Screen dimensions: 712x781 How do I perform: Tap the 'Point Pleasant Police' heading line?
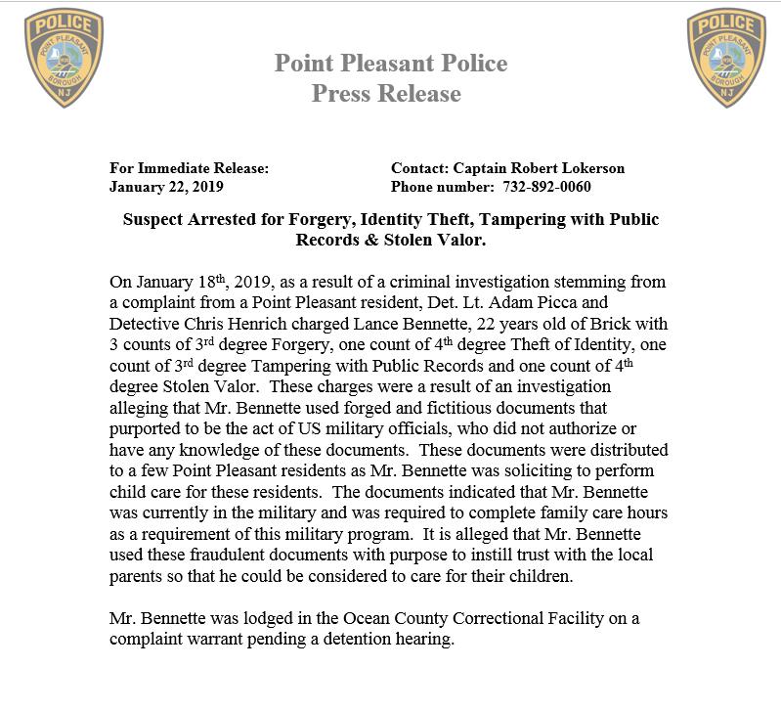[391, 64]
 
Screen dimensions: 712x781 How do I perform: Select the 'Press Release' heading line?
[386, 94]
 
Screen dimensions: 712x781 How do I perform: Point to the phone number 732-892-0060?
[546, 187]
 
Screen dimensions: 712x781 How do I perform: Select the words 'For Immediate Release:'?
[189, 168]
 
